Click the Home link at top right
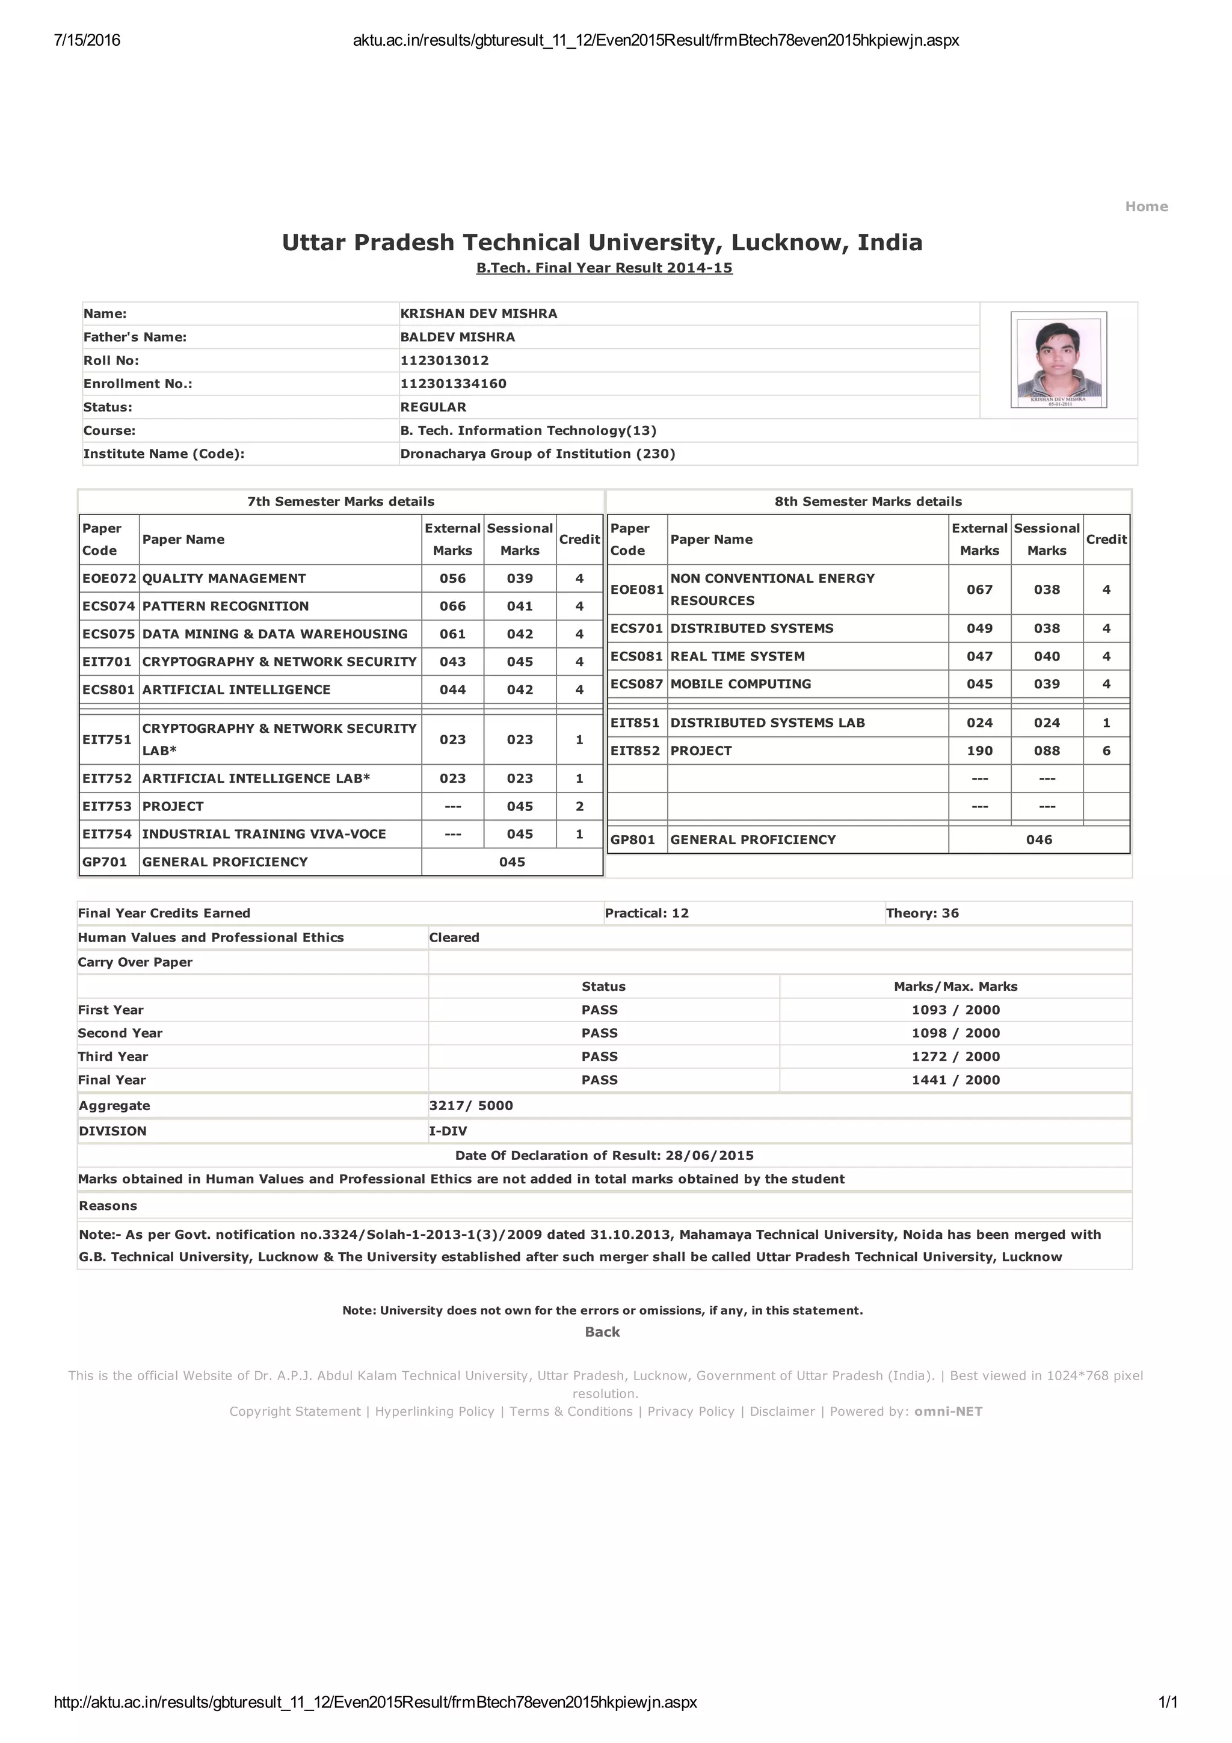(x=1145, y=206)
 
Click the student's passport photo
(x=1058, y=359)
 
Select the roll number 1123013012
(x=444, y=360)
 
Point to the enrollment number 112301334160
(x=453, y=384)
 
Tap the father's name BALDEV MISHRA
(x=457, y=337)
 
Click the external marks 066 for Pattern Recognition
(x=452, y=606)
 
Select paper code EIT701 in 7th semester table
(x=107, y=662)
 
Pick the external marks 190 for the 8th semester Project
(x=979, y=751)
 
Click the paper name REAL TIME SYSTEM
(x=737, y=656)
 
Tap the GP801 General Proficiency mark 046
(x=1038, y=840)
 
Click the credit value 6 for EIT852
(x=1106, y=751)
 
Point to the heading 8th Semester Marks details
(x=867, y=502)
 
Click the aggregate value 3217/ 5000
(x=470, y=1106)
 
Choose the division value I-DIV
(x=448, y=1131)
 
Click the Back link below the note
(x=602, y=1331)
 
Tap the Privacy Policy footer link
(x=691, y=1411)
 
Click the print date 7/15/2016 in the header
(x=87, y=41)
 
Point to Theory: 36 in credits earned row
(x=922, y=913)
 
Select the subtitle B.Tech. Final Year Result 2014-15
(x=604, y=268)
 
